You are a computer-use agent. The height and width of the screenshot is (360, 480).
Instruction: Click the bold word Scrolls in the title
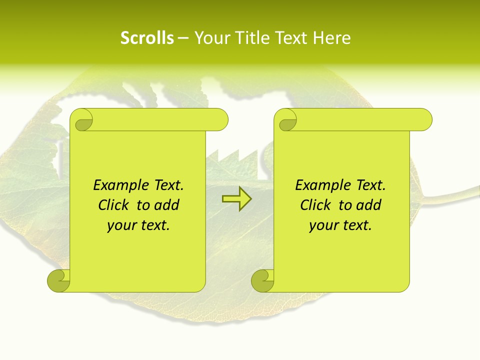click(147, 38)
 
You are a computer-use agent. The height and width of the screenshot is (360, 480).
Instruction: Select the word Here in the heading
click(331, 38)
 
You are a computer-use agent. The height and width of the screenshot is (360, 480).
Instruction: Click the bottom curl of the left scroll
click(59, 280)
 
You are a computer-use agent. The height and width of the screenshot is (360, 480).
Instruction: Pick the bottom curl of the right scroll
click(263, 280)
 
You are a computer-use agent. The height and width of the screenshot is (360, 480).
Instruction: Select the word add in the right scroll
click(369, 205)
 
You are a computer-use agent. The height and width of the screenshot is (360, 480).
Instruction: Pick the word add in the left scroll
click(167, 205)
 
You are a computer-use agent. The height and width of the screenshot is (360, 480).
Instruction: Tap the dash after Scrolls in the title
click(183, 38)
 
